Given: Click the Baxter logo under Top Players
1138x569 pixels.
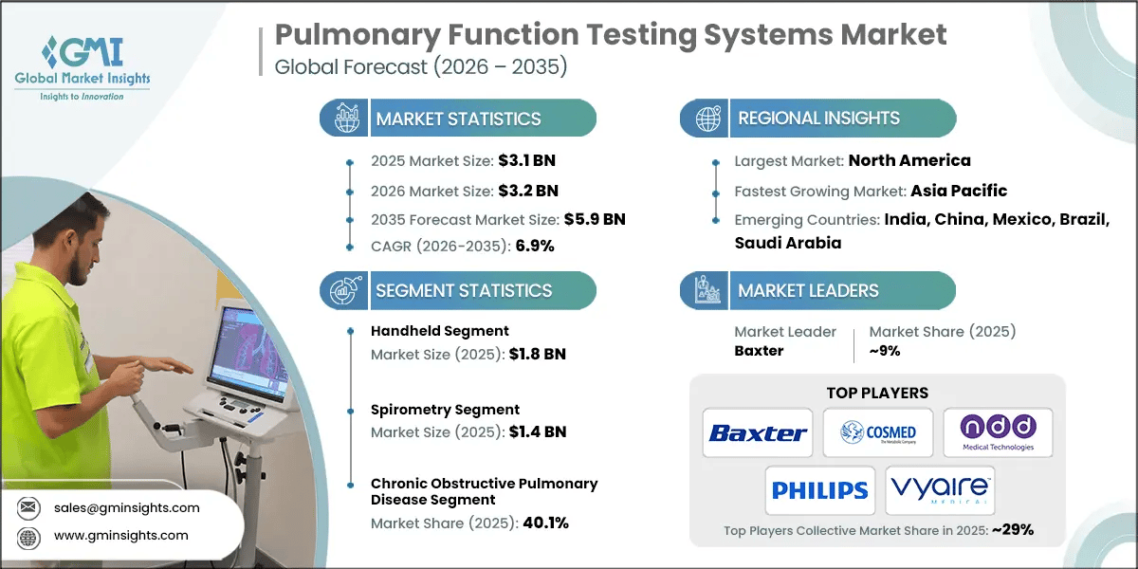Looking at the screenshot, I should coord(758,433).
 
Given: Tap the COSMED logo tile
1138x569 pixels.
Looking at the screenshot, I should coord(877,433).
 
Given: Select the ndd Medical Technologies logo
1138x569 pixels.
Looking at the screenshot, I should coord(997,433).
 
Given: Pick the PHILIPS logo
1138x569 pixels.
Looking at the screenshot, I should coord(819,490).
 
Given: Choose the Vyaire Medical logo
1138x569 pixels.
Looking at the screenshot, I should coord(940,490).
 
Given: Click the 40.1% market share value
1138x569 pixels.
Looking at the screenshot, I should coord(545,523).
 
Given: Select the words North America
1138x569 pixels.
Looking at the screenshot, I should coord(909,160).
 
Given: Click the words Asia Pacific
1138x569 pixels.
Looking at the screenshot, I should coord(958,191).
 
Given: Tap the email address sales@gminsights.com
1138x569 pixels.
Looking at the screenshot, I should coord(127,507).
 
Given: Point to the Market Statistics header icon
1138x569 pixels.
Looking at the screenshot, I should coord(343,119).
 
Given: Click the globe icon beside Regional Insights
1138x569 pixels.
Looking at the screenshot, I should coord(706,119).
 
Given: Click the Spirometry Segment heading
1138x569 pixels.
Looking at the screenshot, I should coord(445,410).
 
